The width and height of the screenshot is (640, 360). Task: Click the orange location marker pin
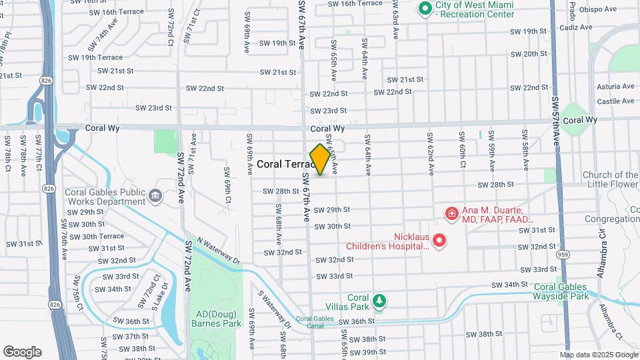[320, 159]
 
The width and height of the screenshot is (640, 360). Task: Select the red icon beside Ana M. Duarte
[451, 213]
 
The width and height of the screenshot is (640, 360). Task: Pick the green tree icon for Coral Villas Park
[379, 301]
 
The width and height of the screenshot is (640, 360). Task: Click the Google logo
[22, 352]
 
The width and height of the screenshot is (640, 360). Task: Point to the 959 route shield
[563, 254]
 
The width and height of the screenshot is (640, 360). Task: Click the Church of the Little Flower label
[611, 180]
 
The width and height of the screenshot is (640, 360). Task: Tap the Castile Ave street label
[614, 100]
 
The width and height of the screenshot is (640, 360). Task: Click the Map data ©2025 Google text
[598, 355]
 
